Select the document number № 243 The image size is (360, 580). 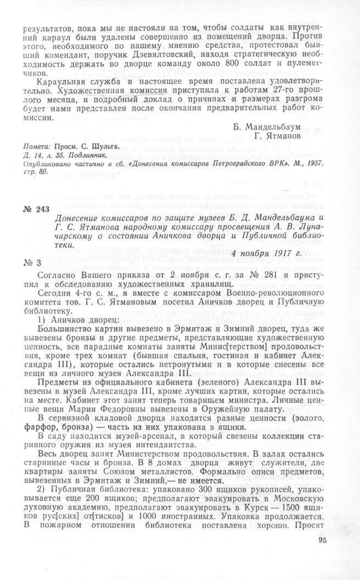tap(35, 209)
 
